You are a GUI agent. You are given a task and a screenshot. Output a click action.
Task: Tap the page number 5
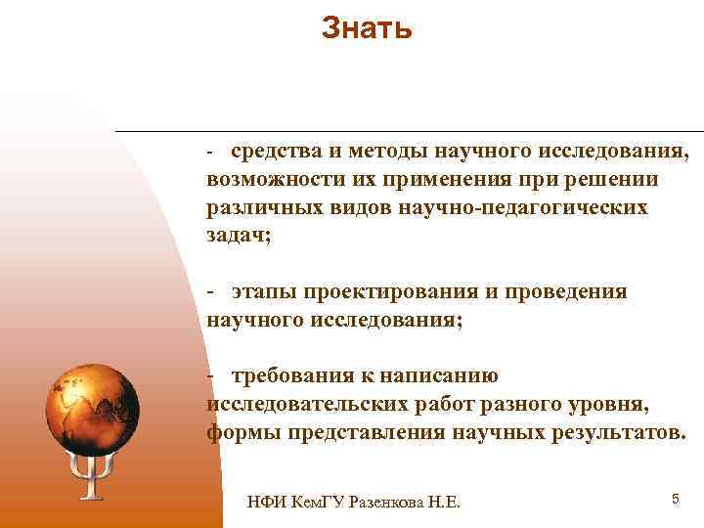675,500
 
